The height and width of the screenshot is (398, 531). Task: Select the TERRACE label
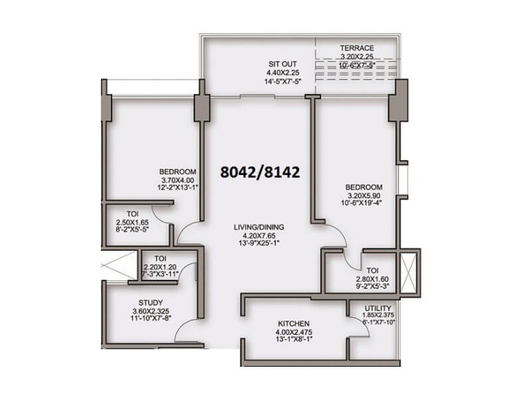point(357,48)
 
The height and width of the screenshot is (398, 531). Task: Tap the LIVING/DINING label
point(259,228)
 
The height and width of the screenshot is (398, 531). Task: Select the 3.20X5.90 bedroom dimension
point(364,196)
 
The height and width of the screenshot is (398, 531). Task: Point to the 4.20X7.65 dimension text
point(259,235)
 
